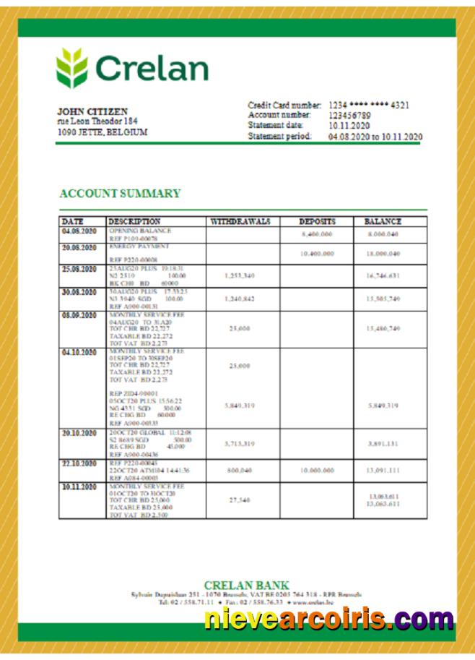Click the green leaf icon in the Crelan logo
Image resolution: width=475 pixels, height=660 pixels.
tap(72, 68)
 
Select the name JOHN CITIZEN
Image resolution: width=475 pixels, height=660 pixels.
tap(92, 111)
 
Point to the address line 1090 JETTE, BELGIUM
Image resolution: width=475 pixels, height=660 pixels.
tap(102, 132)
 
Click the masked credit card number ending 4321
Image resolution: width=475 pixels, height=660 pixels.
tap(369, 105)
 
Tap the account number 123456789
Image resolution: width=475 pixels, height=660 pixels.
tap(350, 115)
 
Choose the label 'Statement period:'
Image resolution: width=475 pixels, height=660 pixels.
tap(280, 136)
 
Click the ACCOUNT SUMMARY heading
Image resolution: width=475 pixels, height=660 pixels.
tap(120, 193)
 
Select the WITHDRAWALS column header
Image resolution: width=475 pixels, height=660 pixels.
tap(240, 221)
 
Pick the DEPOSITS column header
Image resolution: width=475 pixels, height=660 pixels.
tap(317, 221)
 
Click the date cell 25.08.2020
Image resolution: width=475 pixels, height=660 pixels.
tap(79, 269)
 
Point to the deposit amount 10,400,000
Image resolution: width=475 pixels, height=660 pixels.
tap(317, 254)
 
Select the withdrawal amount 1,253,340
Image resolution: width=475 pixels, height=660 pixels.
tap(239, 276)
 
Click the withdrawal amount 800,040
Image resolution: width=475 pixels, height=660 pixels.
tap(239, 470)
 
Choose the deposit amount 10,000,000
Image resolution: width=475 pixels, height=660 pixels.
tap(317, 470)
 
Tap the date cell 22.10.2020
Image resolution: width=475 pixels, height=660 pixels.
tap(79, 463)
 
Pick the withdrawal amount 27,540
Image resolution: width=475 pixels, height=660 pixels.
tap(239, 500)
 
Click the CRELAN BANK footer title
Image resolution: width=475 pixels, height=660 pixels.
tap(246, 585)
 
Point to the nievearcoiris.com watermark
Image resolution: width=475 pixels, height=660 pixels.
tap(328, 620)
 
